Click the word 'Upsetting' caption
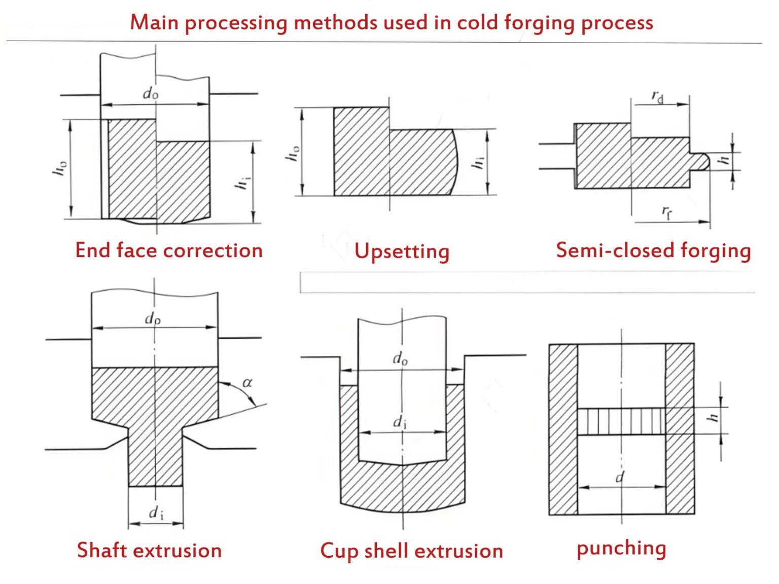click(x=402, y=251)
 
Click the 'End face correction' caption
click(x=169, y=250)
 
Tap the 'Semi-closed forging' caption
click(x=653, y=250)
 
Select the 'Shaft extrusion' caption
click(x=149, y=550)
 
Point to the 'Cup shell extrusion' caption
click(x=411, y=551)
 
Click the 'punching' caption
click(x=621, y=548)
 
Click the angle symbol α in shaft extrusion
click(x=247, y=382)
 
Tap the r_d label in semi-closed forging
click(x=657, y=96)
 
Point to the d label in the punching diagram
click(x=620, y=477)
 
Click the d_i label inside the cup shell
click(x=400, y=422)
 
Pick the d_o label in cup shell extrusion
click(x=400, y=359)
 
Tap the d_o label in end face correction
click(x=151, y=93)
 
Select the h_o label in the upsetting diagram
click(x=293, y=154)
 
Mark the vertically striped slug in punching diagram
click(x=621, y=421)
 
